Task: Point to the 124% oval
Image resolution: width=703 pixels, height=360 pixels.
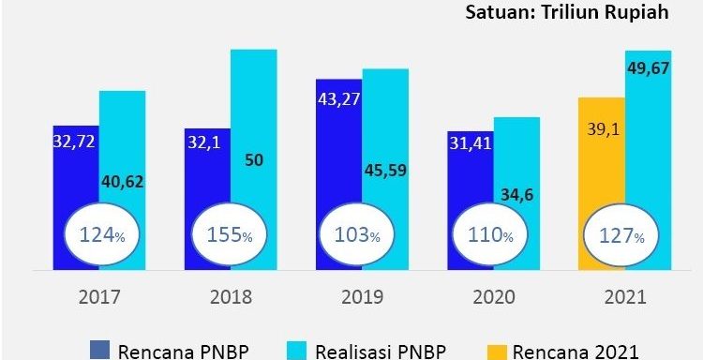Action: [102, 235]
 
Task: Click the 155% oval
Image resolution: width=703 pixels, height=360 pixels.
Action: [230, 235]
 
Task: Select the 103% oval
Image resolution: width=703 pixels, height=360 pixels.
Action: [357, 235]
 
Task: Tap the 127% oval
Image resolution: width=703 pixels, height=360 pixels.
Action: [622, 235]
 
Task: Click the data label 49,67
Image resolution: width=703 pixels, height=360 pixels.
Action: [649, 68]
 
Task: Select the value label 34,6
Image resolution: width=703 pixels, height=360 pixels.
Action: [516, 196]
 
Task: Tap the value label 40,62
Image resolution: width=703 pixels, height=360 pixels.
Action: [123, 182]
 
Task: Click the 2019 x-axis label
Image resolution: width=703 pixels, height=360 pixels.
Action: [362, 298]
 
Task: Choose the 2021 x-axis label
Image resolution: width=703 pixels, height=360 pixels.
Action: [624, 298]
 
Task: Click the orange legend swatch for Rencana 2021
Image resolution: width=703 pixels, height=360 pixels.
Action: [496, 351]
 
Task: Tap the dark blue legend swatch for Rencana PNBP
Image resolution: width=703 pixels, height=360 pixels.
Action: [100, 351]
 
